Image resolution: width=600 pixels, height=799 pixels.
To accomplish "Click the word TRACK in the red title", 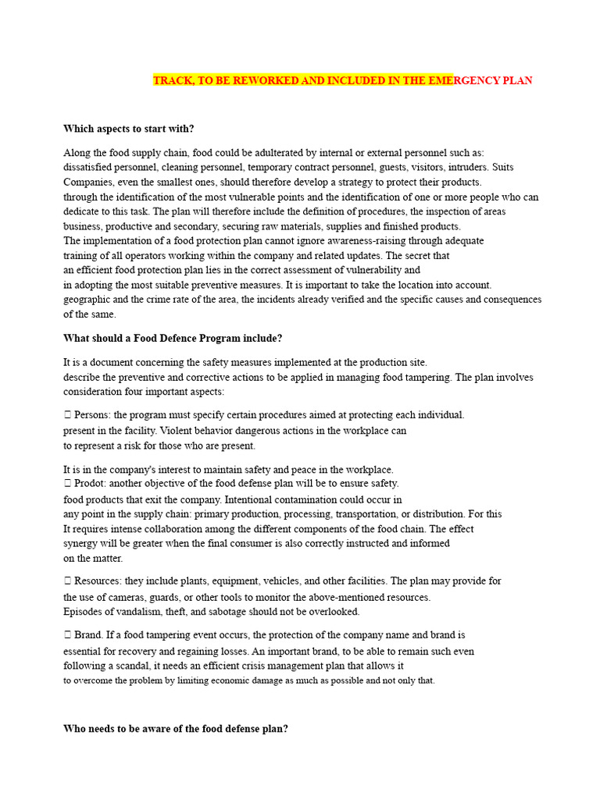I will point(170,80).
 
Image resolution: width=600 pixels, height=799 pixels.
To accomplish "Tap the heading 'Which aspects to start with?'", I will point(128,129).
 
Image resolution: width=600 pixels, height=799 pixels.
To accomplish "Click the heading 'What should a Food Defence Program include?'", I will point(172,338).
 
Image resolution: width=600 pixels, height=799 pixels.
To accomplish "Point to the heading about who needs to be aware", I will point(175,728).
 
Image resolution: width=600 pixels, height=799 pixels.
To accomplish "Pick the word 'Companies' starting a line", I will point(87,182).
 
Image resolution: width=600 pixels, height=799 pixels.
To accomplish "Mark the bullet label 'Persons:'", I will point(93,414).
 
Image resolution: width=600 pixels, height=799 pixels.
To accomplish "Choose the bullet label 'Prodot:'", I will point(92,483).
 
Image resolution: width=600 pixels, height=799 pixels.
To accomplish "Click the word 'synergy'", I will point(81,543).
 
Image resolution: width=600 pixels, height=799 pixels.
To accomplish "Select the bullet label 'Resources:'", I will point(98,581).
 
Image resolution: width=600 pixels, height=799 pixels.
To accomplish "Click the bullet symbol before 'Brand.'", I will point(67,635).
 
